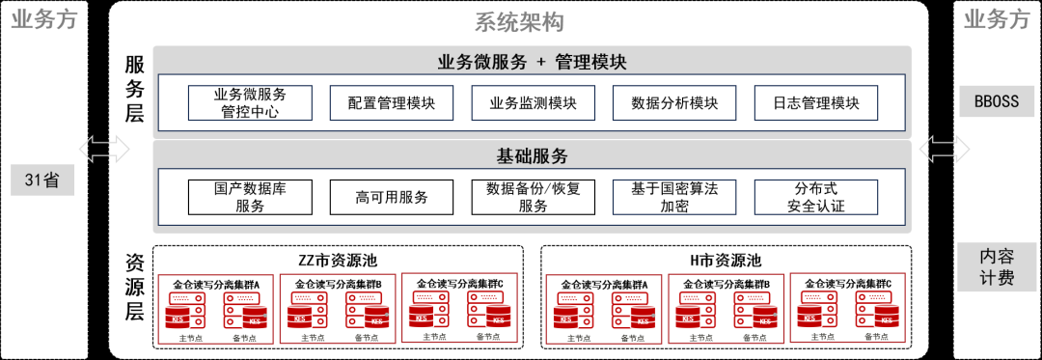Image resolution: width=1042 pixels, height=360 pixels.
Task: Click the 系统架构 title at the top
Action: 519,22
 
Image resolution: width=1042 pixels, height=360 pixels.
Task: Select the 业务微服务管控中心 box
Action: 250,103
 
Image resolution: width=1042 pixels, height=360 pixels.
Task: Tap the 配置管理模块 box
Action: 391,103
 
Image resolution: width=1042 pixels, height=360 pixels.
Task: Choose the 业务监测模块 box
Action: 533,103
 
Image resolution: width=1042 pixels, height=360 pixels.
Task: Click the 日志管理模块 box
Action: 815,103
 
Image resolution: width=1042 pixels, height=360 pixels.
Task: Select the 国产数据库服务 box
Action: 250,197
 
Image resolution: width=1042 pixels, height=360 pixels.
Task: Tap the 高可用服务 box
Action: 391,197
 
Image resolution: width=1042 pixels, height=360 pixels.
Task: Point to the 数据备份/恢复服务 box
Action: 533,197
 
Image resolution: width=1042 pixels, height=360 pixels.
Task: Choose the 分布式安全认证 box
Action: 815,197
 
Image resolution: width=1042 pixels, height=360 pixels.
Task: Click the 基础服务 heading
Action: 532,155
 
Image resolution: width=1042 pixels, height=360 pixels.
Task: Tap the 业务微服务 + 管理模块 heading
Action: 532,63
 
